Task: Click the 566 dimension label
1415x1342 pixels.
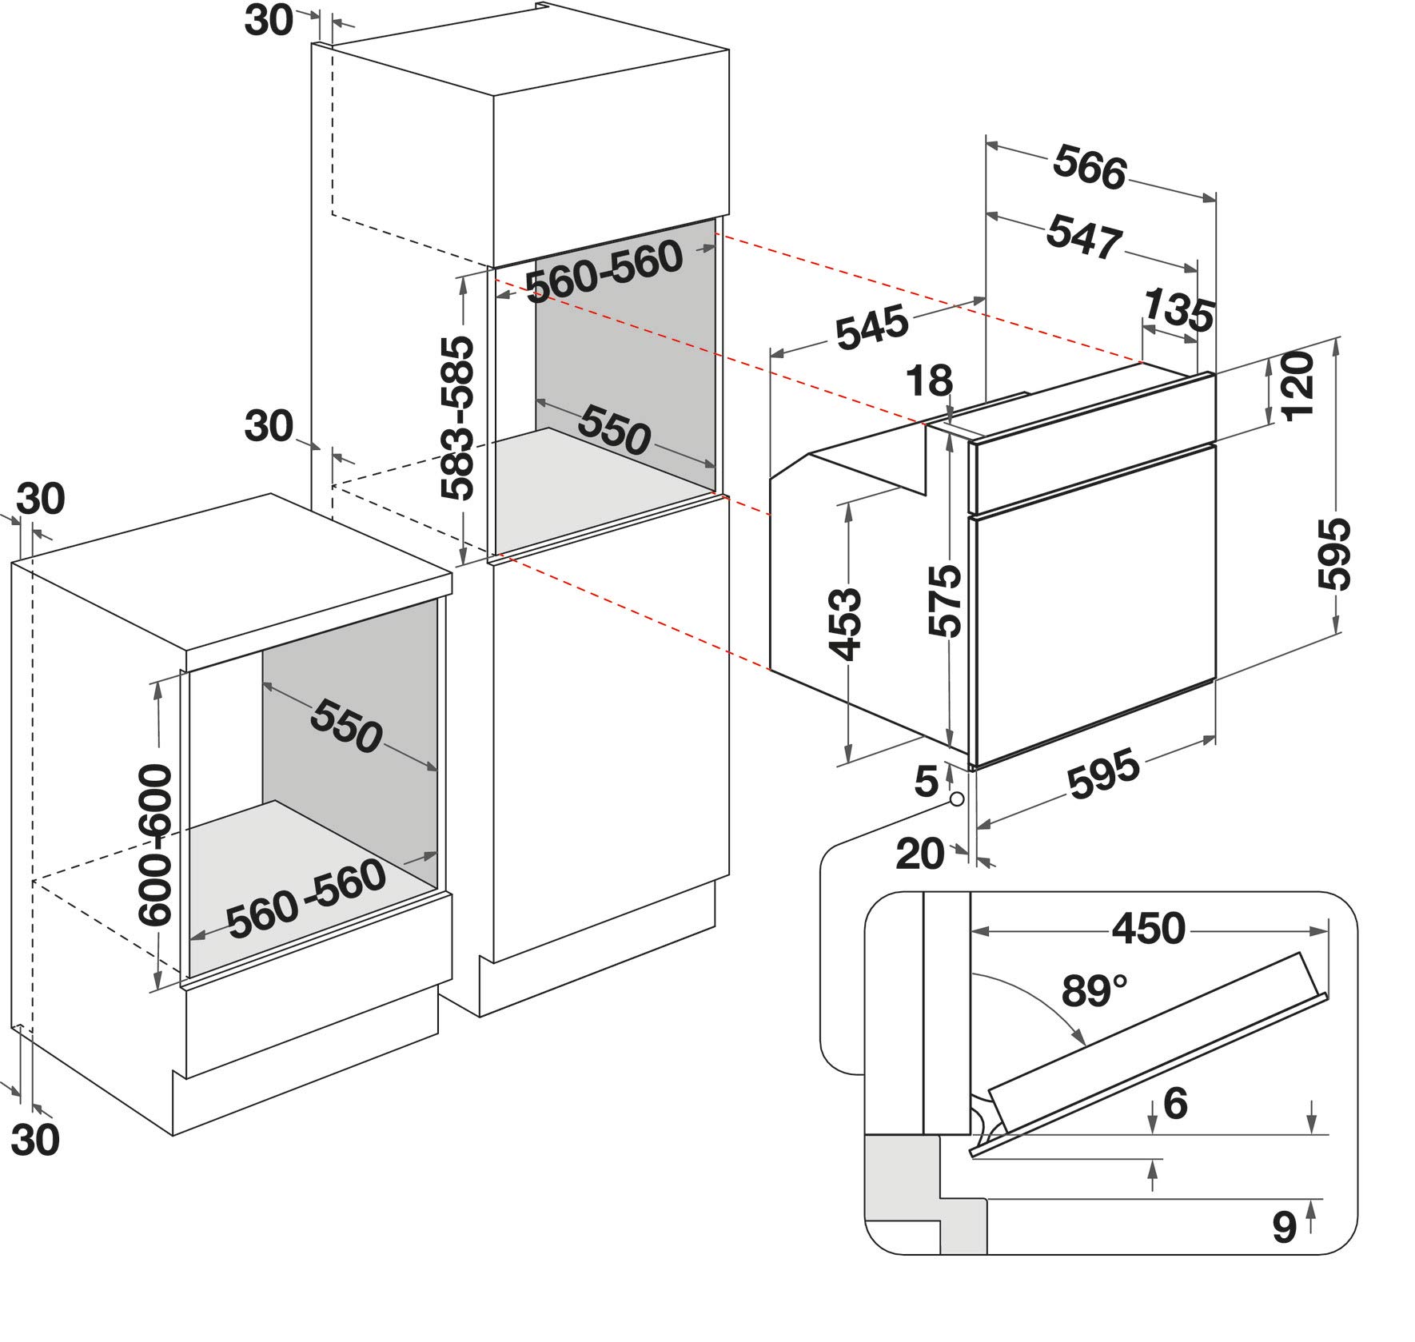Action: pos(1090,167)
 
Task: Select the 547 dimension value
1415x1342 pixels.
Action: pos(1084,236)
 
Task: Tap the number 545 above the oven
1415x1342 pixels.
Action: pos(872,327)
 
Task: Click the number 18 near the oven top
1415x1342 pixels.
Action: pos(930,380)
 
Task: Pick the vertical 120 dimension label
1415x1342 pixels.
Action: pos(1297,384)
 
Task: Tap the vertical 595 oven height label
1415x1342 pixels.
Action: pos(1333,554)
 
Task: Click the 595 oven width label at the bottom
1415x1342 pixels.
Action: pos(1103,773)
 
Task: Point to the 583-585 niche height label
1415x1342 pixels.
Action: pos(458,418)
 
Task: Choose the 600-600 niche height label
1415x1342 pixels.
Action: pos(154,845)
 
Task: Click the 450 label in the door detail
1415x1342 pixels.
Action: pos(1148,928)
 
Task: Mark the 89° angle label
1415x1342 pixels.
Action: pos(1094,991)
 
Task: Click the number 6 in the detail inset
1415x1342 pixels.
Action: pos(1175,1103)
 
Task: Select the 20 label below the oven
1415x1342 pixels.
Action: pos(920,854)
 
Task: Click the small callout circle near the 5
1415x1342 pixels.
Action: pos(956,798)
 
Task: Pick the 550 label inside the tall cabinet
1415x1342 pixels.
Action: pos(614,430)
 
